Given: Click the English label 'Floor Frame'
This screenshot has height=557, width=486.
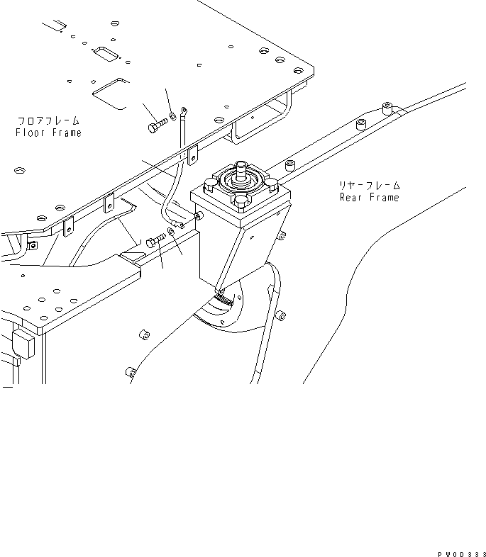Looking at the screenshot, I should tap(48, 133).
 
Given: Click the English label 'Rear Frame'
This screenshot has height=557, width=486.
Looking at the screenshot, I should tap(369, 197).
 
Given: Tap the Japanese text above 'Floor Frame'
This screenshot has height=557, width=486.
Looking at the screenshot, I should tap(48, 121).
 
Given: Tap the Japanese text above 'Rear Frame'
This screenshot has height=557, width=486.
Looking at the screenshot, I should tap(369, 185).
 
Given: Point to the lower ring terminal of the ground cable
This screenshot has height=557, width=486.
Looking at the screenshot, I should tap(182, 224).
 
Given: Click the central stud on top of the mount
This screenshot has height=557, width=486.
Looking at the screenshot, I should tap(243, 169).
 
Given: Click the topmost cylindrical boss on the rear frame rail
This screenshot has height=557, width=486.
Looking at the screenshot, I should tap(387, 108).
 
